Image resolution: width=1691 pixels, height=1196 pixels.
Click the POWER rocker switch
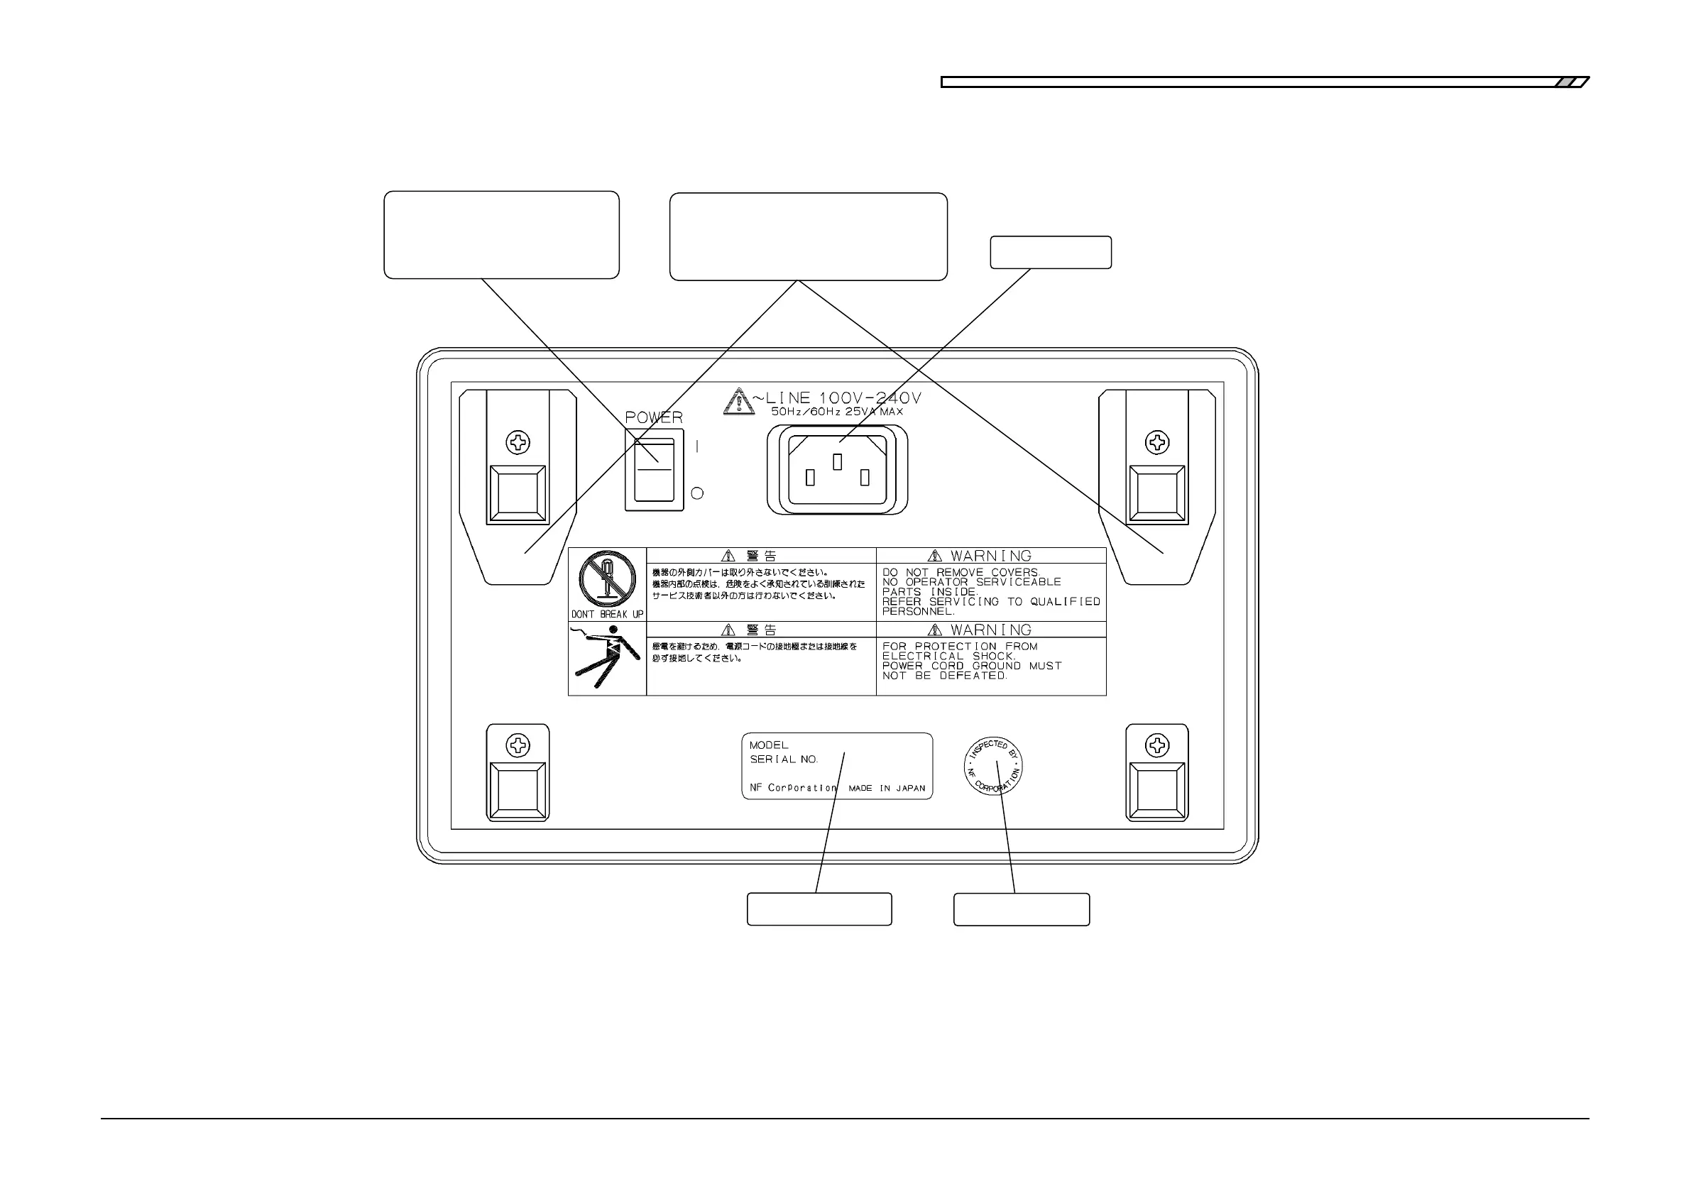click(x=654, y=470)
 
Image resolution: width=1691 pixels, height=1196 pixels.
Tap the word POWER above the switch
click(x=653, y=417)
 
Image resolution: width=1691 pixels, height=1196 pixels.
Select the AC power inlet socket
click(x=838, y=470)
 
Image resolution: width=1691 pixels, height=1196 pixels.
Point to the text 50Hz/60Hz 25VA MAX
click(x=837, y=412)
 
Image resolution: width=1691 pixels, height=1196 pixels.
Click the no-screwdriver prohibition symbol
click(x=607, y=579)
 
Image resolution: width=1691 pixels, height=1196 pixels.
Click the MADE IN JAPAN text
click(x=887, y=788)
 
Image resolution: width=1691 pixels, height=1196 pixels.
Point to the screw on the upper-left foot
click(x=518, y=443)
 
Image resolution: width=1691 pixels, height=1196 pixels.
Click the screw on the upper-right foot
click(x=1157, y=443)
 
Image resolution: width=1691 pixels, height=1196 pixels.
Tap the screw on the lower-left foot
click(x=518, y=745)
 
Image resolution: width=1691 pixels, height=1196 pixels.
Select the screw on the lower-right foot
click(x=1157, y=745)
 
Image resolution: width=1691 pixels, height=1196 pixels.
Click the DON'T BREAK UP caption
click(x=607, y=614)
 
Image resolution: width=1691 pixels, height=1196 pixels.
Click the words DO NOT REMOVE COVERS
click(x=961, y=572)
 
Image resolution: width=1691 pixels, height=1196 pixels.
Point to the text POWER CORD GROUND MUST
click(x=971, y=666)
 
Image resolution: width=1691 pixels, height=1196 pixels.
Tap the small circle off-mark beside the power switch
click(x=696, y=493)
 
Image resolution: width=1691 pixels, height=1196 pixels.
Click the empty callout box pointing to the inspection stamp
click(x=1021, y=909)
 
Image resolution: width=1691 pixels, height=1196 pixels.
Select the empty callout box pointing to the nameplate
click(x=819, y=909)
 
